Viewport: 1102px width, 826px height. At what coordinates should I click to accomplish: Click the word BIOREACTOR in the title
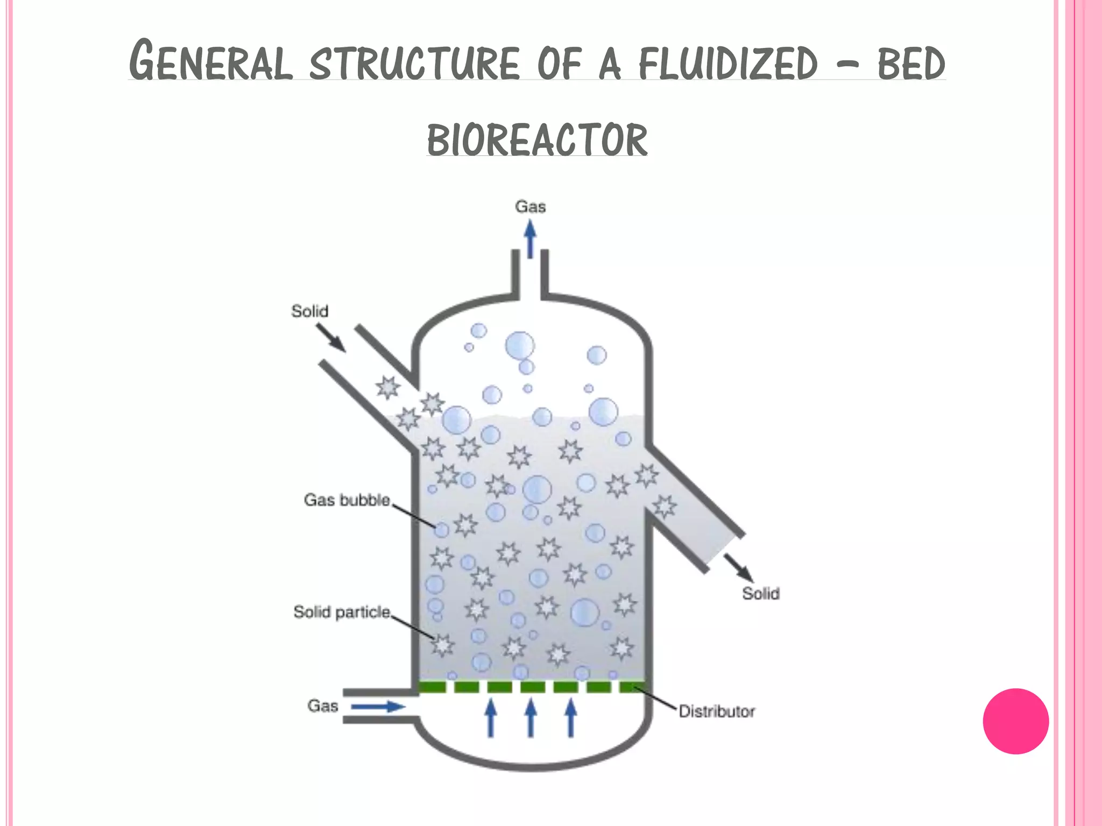[537, 140]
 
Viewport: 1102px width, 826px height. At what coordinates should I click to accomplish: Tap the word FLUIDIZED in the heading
[728, 63]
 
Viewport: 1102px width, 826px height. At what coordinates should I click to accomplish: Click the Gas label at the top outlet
[530, 207]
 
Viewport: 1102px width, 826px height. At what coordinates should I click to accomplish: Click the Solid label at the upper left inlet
[309, 311]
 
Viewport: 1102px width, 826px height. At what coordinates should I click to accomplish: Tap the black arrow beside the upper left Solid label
[331, 338]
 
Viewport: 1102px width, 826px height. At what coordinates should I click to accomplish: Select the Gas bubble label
[347, 500]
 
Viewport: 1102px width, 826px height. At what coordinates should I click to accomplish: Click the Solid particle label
[342, 612]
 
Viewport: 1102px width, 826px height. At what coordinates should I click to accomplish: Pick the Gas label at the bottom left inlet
[322, 706]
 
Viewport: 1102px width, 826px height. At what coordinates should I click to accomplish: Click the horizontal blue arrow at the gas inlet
[378, 706]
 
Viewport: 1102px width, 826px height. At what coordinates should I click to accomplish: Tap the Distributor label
[716, 711]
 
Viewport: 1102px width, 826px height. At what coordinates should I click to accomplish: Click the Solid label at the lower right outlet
[760, 594]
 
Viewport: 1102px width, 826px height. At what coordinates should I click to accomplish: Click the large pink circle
[1015, 721]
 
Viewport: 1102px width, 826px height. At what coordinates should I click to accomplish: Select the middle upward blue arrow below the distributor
[531, 718]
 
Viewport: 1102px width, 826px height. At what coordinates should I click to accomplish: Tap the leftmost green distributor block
[433, 687]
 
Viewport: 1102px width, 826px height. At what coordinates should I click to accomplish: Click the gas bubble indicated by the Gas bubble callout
[441, 530]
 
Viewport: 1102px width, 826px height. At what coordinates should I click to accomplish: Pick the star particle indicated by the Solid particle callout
[442, 645]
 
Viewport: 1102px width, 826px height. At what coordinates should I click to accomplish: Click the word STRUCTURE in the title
[414, 63]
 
